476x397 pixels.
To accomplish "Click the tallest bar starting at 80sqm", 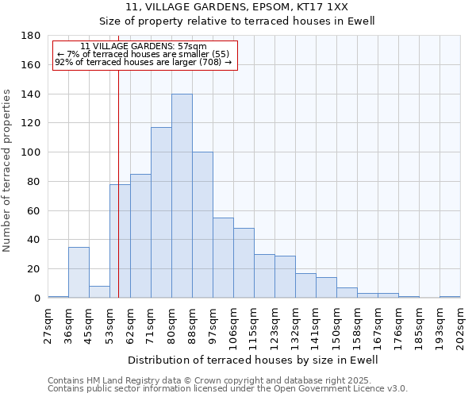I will [x=182, y=196].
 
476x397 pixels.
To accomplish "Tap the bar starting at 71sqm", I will [x=161, y=213].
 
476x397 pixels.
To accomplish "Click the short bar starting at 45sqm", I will [x=99, y=291].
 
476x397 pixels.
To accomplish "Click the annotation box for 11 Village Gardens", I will [x=144, y=55].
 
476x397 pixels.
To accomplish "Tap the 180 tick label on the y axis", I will [x=32, y=36].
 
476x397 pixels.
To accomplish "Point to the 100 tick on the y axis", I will [x=32, y=152].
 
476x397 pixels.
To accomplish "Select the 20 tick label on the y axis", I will [x=35, y=269].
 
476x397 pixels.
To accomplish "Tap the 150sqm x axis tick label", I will [x=336, y=326].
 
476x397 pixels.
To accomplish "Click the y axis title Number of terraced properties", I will [x=7, y=171].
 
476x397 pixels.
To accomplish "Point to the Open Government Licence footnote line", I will [x=228, y=389].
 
